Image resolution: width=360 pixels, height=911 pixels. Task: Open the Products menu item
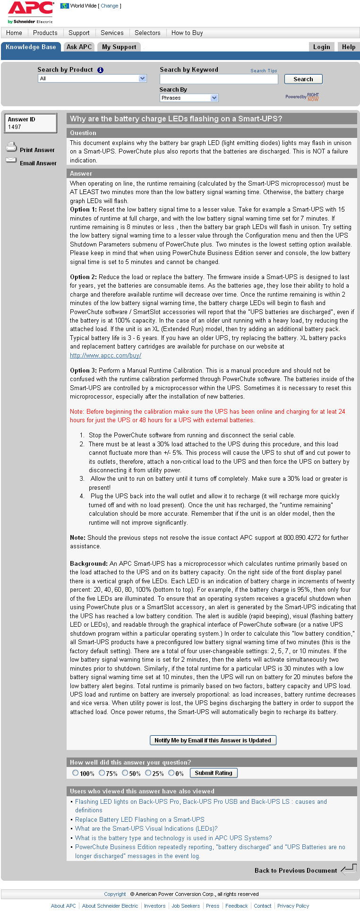[45, 33]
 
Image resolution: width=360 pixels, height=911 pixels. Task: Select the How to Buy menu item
[187, 33]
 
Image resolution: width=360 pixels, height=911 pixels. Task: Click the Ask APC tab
[79, 47]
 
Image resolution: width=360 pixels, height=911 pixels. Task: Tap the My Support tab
[119, 47]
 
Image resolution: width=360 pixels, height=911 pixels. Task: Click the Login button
[321, 47]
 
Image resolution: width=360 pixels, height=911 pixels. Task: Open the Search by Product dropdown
[93, 79]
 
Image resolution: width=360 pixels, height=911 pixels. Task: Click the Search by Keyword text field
[219, 79]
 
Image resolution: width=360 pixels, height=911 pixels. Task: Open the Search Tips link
[264, 71]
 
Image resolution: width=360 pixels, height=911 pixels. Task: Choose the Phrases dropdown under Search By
[189, 98]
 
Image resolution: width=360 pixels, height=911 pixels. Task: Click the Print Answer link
[37, 150]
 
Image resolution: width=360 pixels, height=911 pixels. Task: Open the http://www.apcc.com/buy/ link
[105, 356]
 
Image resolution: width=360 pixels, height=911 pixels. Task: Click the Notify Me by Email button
[213, 741]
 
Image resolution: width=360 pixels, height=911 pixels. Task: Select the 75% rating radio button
[102, 773]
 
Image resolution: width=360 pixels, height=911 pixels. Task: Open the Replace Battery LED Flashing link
[139, 820]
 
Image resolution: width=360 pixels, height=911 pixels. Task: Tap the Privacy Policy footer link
[293, 906]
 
